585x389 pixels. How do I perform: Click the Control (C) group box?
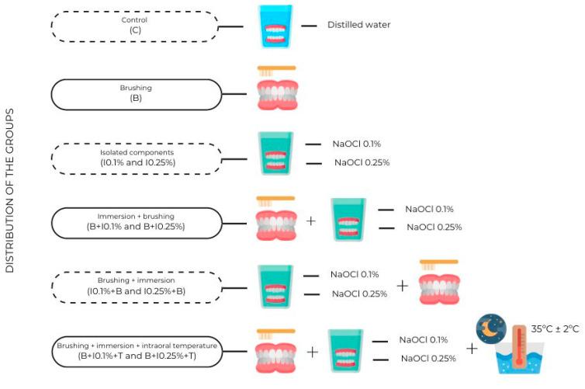133,26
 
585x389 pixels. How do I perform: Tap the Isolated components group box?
133,158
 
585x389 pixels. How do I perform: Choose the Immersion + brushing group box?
133,221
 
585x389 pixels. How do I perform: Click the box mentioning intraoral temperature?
133,350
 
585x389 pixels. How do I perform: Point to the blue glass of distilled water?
275,26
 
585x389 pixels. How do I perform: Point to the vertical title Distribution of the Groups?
11,189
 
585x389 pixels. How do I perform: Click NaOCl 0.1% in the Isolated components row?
357,144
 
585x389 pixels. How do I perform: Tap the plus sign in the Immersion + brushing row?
311,221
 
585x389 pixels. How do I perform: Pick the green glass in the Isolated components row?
275,156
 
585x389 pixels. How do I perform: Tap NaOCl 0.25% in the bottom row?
427,358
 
